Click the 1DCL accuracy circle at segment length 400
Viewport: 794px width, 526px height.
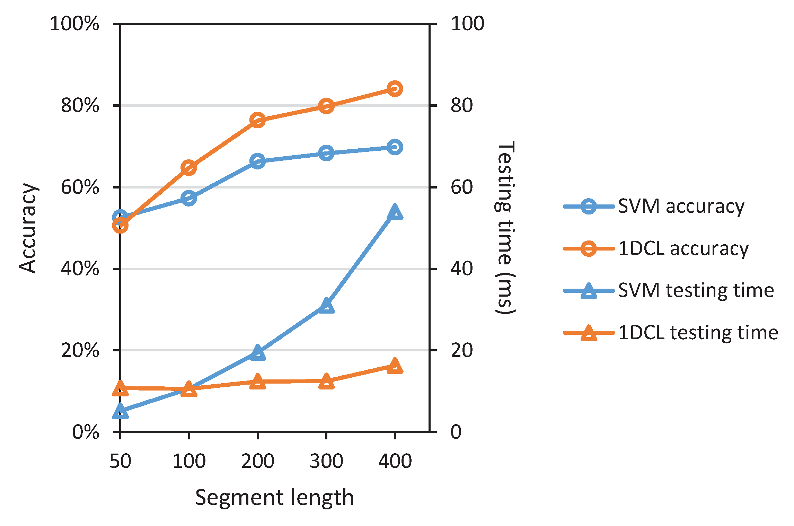pyautogui.click(x=395, y=89)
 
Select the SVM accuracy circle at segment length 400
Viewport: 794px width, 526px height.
pyautogui.click(x=395, y=147)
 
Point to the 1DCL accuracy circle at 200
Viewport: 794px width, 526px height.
pyautogui.click(x=258, y=120)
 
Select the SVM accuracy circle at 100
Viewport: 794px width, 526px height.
pyautogui.click(x=189, y=198)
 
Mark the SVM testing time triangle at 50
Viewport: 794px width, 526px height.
pyautogui.click(x=120, y=412)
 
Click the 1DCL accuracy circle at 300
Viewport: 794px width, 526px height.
pyautogui.click(x=326, y=106)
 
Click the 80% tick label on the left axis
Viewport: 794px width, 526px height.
pyautogui.click(x=80, y=105)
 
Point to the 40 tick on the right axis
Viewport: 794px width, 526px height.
pyautogui.click(x=461, y=269)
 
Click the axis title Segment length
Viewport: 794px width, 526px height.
pyautogui.click(x=274, y=498)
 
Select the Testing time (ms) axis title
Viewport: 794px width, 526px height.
pyautogui.click(x=505, y=227)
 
